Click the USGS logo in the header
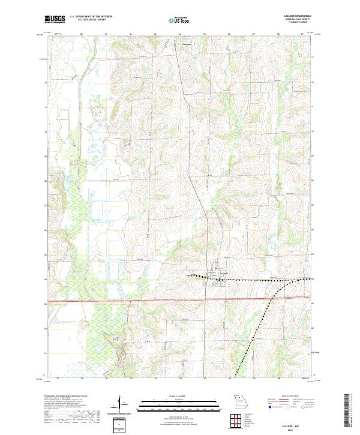coord(55,20)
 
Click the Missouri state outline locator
coord(241,400)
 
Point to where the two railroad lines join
coord(281,280)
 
